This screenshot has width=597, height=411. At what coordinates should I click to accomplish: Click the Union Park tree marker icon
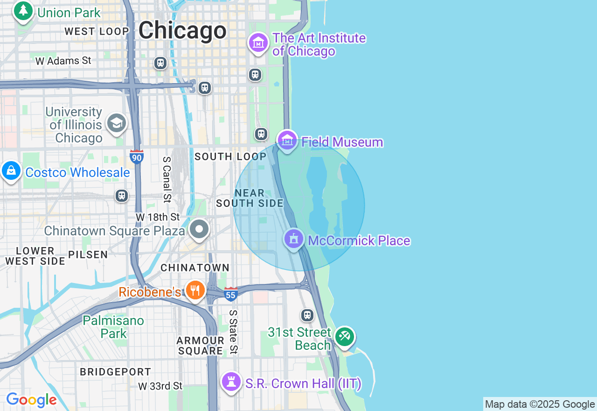[23, 10]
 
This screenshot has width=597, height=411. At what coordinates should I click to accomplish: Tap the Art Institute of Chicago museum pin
[258, 43]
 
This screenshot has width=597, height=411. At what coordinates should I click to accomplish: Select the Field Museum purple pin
[287, 140]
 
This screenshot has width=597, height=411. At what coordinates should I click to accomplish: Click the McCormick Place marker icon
[294, 239]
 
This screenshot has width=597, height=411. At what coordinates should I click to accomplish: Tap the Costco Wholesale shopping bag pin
[11, 171]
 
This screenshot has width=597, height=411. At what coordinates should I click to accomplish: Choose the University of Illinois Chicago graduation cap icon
[116, 123]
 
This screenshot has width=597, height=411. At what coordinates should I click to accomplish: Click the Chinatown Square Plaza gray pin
[200, 229]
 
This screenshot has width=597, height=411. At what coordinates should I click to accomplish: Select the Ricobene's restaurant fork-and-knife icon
[195, 291]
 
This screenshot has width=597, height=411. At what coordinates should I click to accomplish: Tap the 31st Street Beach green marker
[345, 336]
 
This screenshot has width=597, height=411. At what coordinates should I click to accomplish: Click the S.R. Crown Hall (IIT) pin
[231, 382]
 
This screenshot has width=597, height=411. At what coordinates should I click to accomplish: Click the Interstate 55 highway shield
[230, 294]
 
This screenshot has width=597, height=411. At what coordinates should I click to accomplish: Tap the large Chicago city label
[182, 31]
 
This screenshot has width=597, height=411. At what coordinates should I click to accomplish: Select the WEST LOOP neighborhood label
[97, 31]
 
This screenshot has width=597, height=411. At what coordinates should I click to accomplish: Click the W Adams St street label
[63, 61]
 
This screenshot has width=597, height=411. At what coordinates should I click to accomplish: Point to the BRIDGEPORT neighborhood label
[115, 372]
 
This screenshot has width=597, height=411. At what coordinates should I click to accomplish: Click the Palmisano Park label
[113, 327]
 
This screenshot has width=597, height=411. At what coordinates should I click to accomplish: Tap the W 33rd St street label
[160, 386]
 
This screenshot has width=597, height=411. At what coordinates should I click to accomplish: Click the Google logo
[31, 400]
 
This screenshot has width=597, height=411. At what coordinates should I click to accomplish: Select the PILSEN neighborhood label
[88, 255]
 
